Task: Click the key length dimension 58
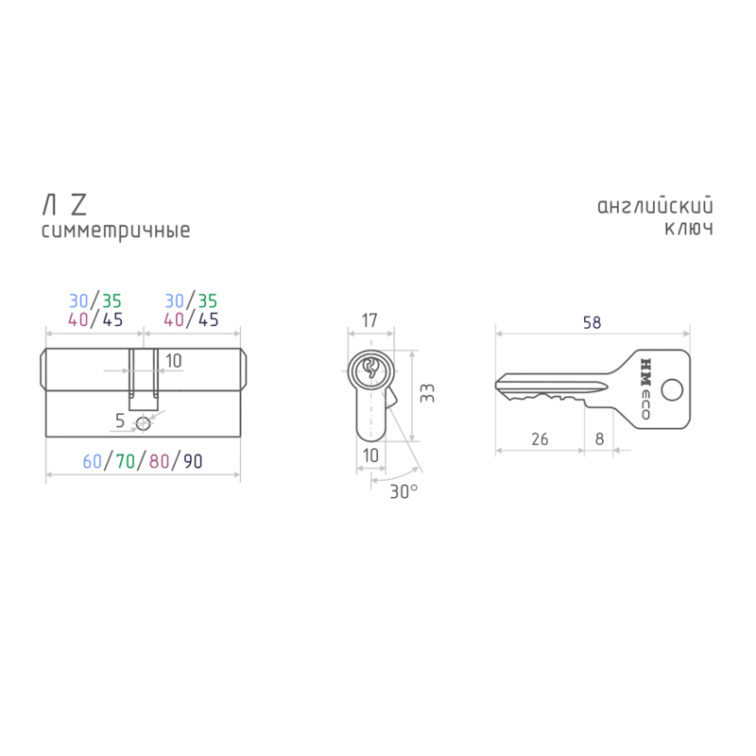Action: (593, 322)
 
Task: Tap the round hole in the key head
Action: (672, 390)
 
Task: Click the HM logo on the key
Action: (645, 372)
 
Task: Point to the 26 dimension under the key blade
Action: (540, 439)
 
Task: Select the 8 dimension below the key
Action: (599, 439)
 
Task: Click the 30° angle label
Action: (404, 491)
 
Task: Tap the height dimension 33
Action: (427, 393)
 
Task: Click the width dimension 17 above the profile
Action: (369, 320)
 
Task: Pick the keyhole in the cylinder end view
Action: (370, 368)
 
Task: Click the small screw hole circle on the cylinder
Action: (144, 424)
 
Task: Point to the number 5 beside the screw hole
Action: (120, 421)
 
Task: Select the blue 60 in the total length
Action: (92, 461)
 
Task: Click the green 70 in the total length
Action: (126, 461)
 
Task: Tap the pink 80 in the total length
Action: (159, 461)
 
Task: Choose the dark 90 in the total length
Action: (193, 461)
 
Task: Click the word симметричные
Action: (115, 231)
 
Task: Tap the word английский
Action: (655, 206)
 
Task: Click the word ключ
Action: (689, 229)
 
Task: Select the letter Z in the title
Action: (79, 205)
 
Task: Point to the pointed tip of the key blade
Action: (497, 385)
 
